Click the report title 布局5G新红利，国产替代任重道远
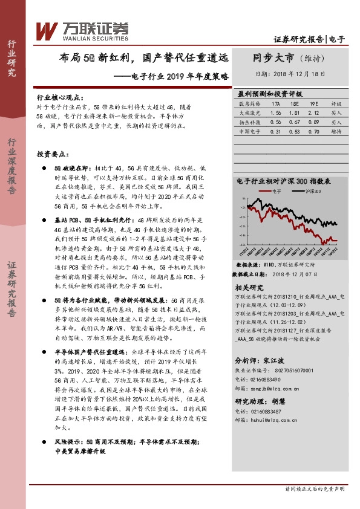coord(144,59)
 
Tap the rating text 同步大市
coord(273,59)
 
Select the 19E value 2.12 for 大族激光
coord(314,112)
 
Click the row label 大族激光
coord(248,112)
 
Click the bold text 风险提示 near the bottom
coord(68,441)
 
